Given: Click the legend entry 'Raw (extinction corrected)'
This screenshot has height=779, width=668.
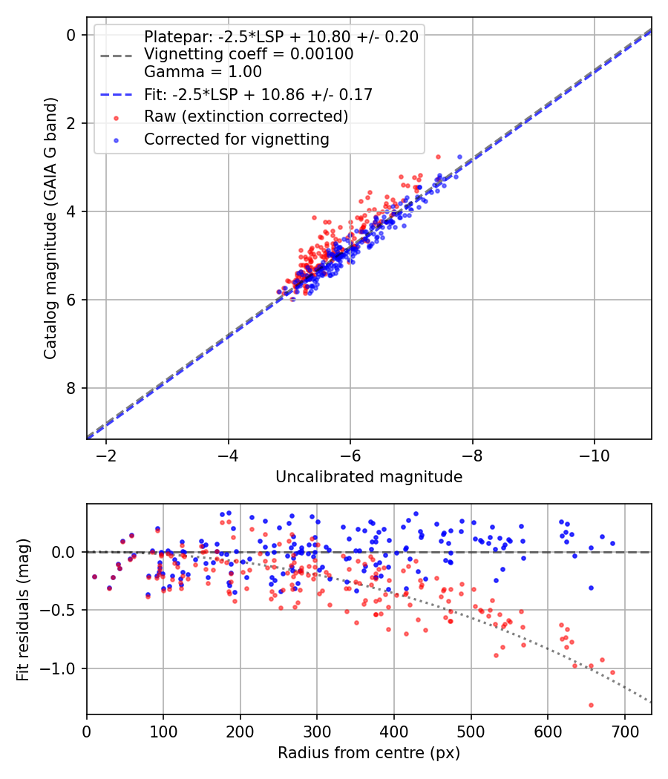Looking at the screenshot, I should coord(246,116).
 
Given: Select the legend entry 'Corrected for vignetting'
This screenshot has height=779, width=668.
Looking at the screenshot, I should coord(236,139).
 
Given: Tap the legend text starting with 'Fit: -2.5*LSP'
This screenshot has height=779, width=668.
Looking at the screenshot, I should coord(258,94).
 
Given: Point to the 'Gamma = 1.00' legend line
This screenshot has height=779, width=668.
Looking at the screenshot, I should coord(203,72).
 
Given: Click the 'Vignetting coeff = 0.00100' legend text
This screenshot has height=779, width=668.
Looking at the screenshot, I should coord(249,54).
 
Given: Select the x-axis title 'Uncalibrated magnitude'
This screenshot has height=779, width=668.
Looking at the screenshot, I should coord(369,477).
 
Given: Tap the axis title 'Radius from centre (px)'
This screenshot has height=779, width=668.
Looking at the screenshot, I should coord(369,753).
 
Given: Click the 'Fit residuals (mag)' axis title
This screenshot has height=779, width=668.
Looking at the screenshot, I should coord(23,610).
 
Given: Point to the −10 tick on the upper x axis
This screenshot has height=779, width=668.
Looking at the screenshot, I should coord(594,453).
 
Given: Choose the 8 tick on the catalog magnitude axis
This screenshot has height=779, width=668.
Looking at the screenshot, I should coord(71,388).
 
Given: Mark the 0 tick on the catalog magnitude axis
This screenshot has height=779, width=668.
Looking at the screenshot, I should coord(71,35).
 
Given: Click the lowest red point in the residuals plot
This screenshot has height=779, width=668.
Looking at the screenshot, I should coord(591,705).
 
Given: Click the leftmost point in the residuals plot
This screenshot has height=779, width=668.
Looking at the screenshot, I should coord(94,576).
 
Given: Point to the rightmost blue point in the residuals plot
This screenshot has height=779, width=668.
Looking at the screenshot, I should coord(612,543).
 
